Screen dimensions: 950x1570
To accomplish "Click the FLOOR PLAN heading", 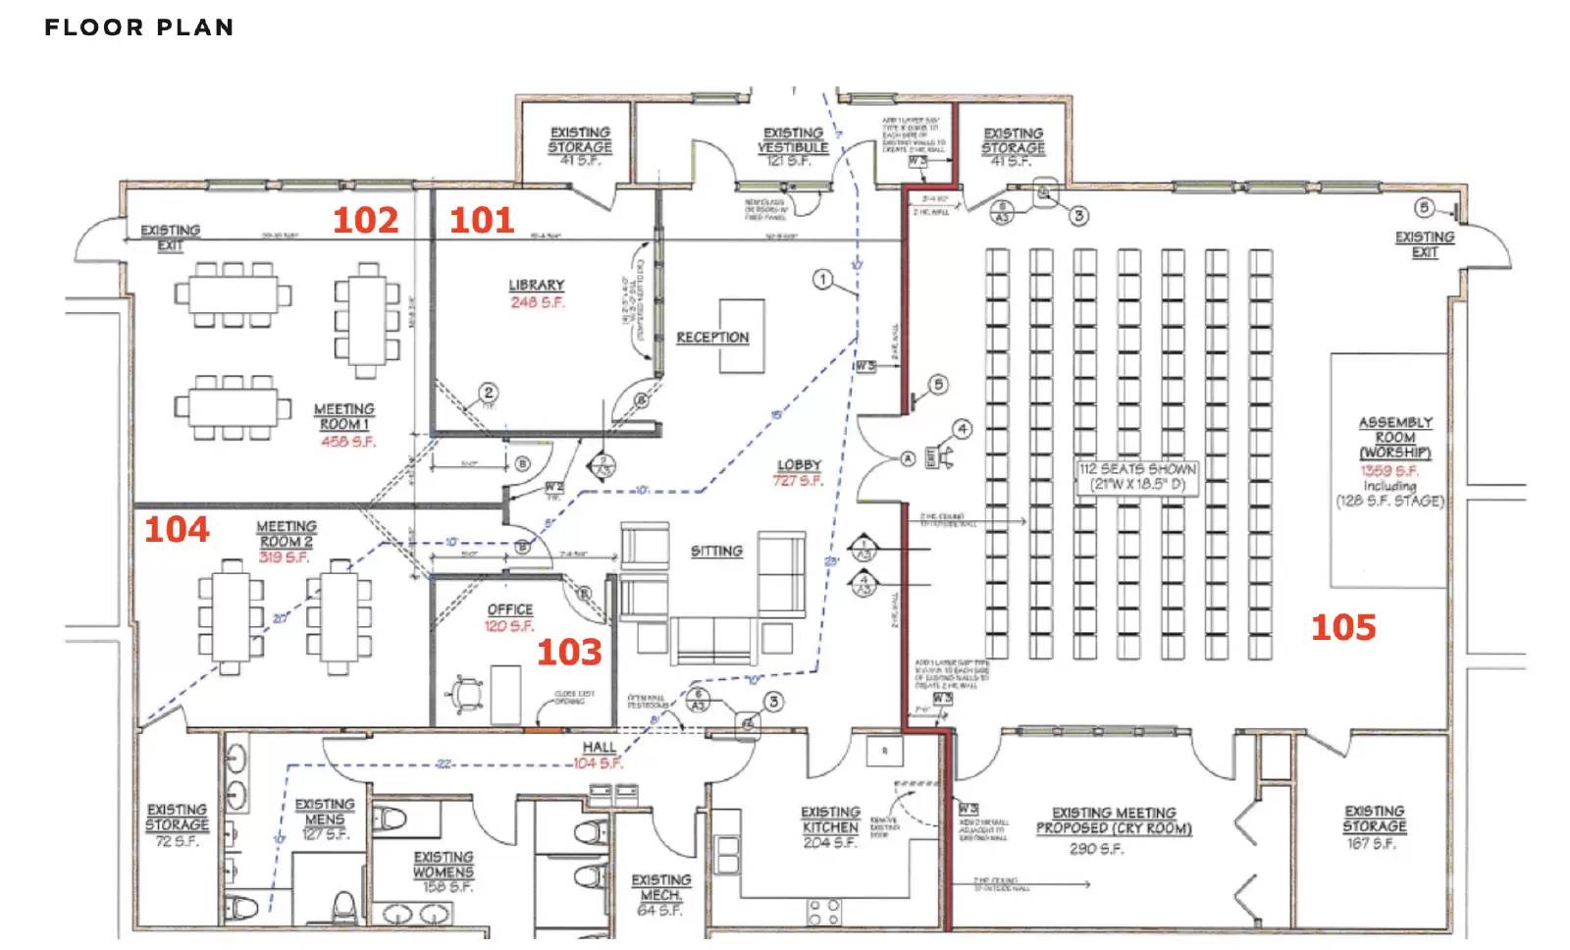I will (x=139, y=27).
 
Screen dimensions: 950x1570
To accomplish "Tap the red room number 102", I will (x=365, y=220).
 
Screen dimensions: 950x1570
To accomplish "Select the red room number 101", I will (x=482, y=220).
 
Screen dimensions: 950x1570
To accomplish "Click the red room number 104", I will (x=177, y=530).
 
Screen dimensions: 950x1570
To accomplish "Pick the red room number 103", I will (x=569, y=653).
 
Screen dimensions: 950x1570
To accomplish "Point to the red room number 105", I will (x=1343, y=627).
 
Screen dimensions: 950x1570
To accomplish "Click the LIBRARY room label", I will (x=536, y=286).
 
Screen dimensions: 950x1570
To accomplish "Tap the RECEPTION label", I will (x=712, y=338).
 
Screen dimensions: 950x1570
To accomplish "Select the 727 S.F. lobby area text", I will (x=797, y=481).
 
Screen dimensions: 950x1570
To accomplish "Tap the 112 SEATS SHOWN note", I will (x=1137, y=469).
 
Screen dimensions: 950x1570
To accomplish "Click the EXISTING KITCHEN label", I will (x=830, y=819).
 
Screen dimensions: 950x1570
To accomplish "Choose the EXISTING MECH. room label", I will (x=660, y=888).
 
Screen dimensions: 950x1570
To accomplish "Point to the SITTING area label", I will (x=716, y=552).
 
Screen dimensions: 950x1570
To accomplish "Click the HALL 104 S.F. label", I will (x=598, y=755).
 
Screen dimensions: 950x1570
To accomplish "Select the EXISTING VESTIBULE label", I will (x=793, y=140).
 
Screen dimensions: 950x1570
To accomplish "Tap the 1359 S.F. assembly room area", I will (x=1388, y=471).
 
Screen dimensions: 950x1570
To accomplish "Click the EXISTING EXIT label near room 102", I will (x=170, y=237).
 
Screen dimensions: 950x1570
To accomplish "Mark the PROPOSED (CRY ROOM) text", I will (x=1114, y=828).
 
